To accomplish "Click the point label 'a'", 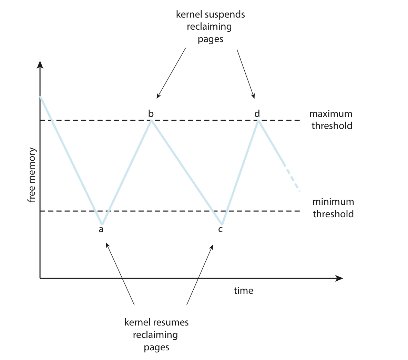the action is [101, 229].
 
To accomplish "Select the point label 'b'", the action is [151, 113].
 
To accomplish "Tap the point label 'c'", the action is [221, 229].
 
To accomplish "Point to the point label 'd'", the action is [257, 113].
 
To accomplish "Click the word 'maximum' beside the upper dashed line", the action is [331, 114].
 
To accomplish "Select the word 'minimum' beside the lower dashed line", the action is [333, 202].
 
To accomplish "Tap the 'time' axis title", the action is [243, 290].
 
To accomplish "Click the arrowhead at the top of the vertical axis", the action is [40, 64].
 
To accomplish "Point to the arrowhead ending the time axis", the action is [339, 278].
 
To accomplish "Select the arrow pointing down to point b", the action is [171, 73].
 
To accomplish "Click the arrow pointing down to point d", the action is [246, 74].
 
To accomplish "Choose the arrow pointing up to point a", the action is [120, 273].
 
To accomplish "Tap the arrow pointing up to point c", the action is [200, 274].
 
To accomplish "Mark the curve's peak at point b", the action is [151, 121].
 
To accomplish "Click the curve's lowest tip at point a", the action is [102, 224].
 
